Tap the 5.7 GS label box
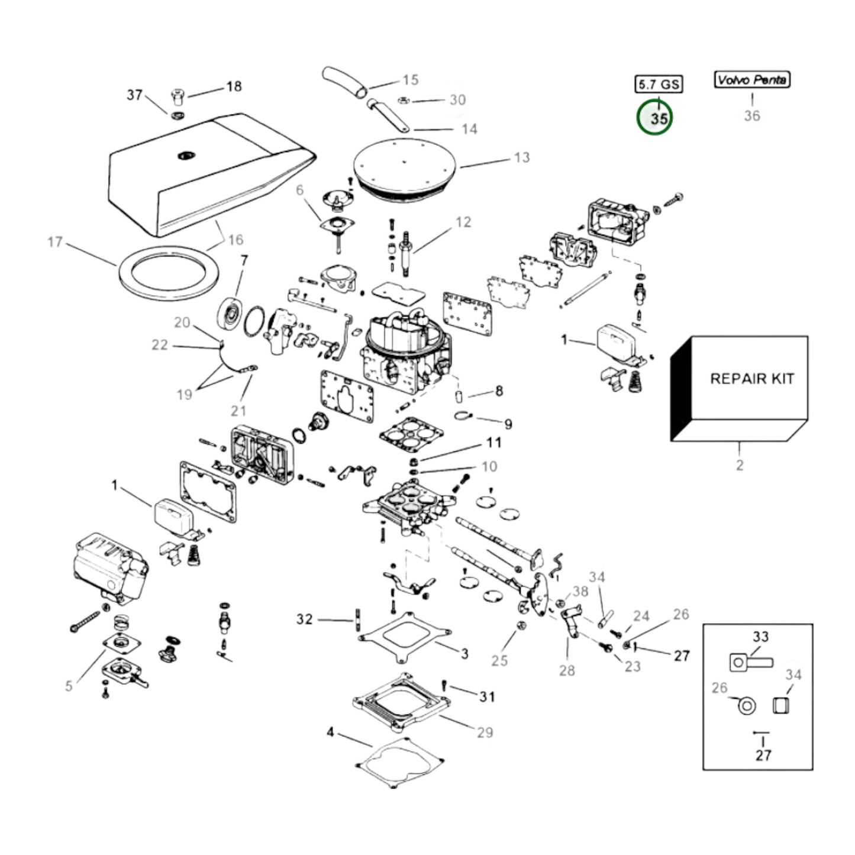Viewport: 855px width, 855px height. [659, 85]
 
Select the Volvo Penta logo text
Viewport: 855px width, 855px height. [751, 80]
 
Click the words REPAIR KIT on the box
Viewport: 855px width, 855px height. [751, 379]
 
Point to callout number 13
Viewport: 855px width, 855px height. [521, 158]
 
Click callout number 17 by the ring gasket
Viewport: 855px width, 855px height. [55, 242]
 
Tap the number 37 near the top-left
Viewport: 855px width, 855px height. [135, 95]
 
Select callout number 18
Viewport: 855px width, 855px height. [234, 86]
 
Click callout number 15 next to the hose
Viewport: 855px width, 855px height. [411, 80]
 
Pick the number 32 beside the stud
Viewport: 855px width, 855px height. [304, 620]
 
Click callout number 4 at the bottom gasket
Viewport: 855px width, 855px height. [330, 733]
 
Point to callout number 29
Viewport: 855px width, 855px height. [485, 733]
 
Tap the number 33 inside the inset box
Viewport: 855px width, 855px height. [760, 637]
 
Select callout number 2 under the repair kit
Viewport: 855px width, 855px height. [740, 465]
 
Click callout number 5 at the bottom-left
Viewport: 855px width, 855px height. [69, 686]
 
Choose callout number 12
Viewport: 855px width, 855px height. [463, 222]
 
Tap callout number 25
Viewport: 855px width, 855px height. [499, 660]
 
